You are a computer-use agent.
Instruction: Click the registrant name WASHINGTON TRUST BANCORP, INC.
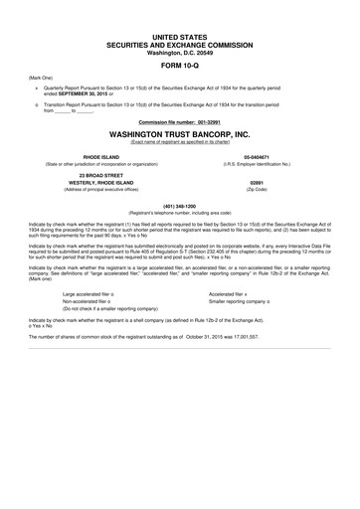click(180, 131)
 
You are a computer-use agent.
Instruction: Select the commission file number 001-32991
click(203, 120)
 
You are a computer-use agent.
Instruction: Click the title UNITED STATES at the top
click(180, 36)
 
